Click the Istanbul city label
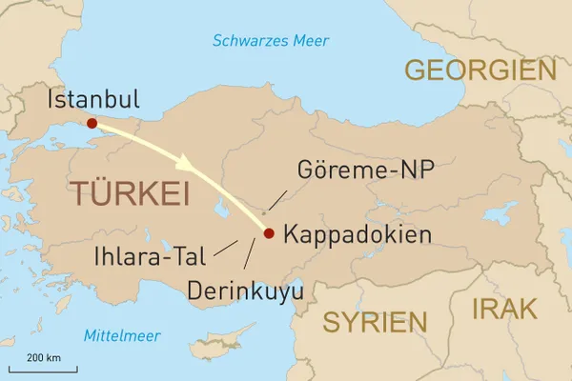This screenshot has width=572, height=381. [x=92, y=99]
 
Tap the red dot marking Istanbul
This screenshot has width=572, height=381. [x=92, y=123]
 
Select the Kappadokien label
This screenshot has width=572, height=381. [x=357, y=234]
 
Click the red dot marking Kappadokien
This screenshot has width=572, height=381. [x=269, y=233]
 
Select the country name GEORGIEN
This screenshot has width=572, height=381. [x=480, y=70]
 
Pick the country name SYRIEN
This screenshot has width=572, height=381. [x=374, y=322]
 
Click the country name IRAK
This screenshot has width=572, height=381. [x=504, y=309]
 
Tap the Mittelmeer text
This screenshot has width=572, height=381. [x=121, y=335]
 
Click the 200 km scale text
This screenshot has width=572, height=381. [x=43, y=356]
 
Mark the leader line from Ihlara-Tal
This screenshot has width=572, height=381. [x=226, y=249]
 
